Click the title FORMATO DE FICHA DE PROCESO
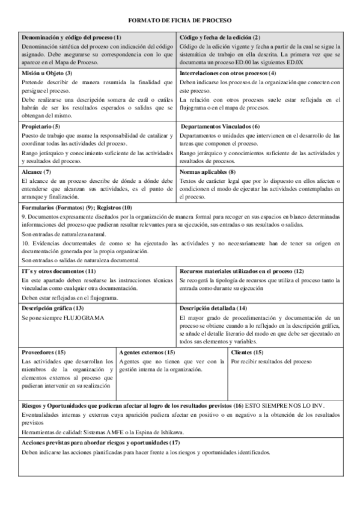[180, 20]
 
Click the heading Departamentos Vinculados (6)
[221, 126]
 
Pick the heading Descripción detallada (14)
[213, 308]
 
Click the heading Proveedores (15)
[44, 352]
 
